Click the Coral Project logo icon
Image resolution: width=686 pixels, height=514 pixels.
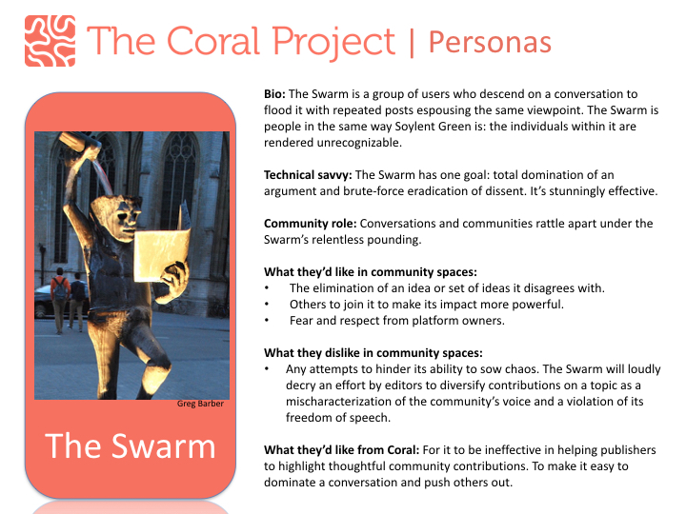coord(50,41)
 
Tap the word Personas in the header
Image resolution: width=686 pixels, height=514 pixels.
coord(490,43)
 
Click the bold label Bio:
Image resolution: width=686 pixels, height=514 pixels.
coord(274,94)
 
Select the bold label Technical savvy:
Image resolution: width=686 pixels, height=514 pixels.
coord(308,175)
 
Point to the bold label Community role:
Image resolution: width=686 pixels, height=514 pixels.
coord(311,224)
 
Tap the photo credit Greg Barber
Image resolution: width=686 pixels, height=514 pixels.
coord(200,404)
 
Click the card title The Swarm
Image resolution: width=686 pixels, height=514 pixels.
coord(131,446)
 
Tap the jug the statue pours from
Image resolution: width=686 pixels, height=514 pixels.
coord(75,141)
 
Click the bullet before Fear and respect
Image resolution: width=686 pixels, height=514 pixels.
coord(267,321)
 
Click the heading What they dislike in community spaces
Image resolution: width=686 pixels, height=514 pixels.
coord(373,353)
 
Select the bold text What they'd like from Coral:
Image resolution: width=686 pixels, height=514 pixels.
coord(342,450)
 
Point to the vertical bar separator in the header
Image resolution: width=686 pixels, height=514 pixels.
coord(412,43)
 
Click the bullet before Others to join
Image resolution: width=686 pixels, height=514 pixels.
coord(267,305)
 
